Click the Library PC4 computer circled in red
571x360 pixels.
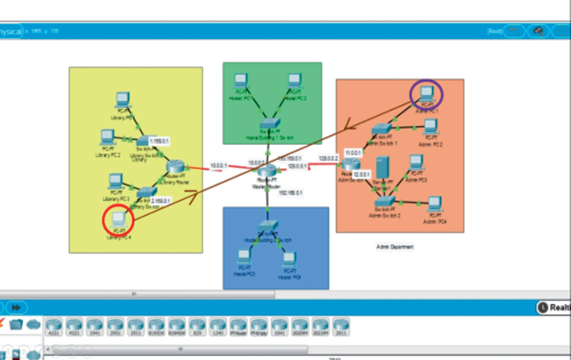click(118, 219)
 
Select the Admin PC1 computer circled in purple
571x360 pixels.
click(426, 95)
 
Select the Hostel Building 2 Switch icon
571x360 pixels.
click(266, 227)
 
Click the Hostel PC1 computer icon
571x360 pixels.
click(241, 81)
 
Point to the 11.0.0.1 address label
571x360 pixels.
click(353, 153)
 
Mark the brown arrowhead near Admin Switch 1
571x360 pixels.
click(351, 128)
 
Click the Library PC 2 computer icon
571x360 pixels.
click(107, 136)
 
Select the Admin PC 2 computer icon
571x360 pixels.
click(431, 127)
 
